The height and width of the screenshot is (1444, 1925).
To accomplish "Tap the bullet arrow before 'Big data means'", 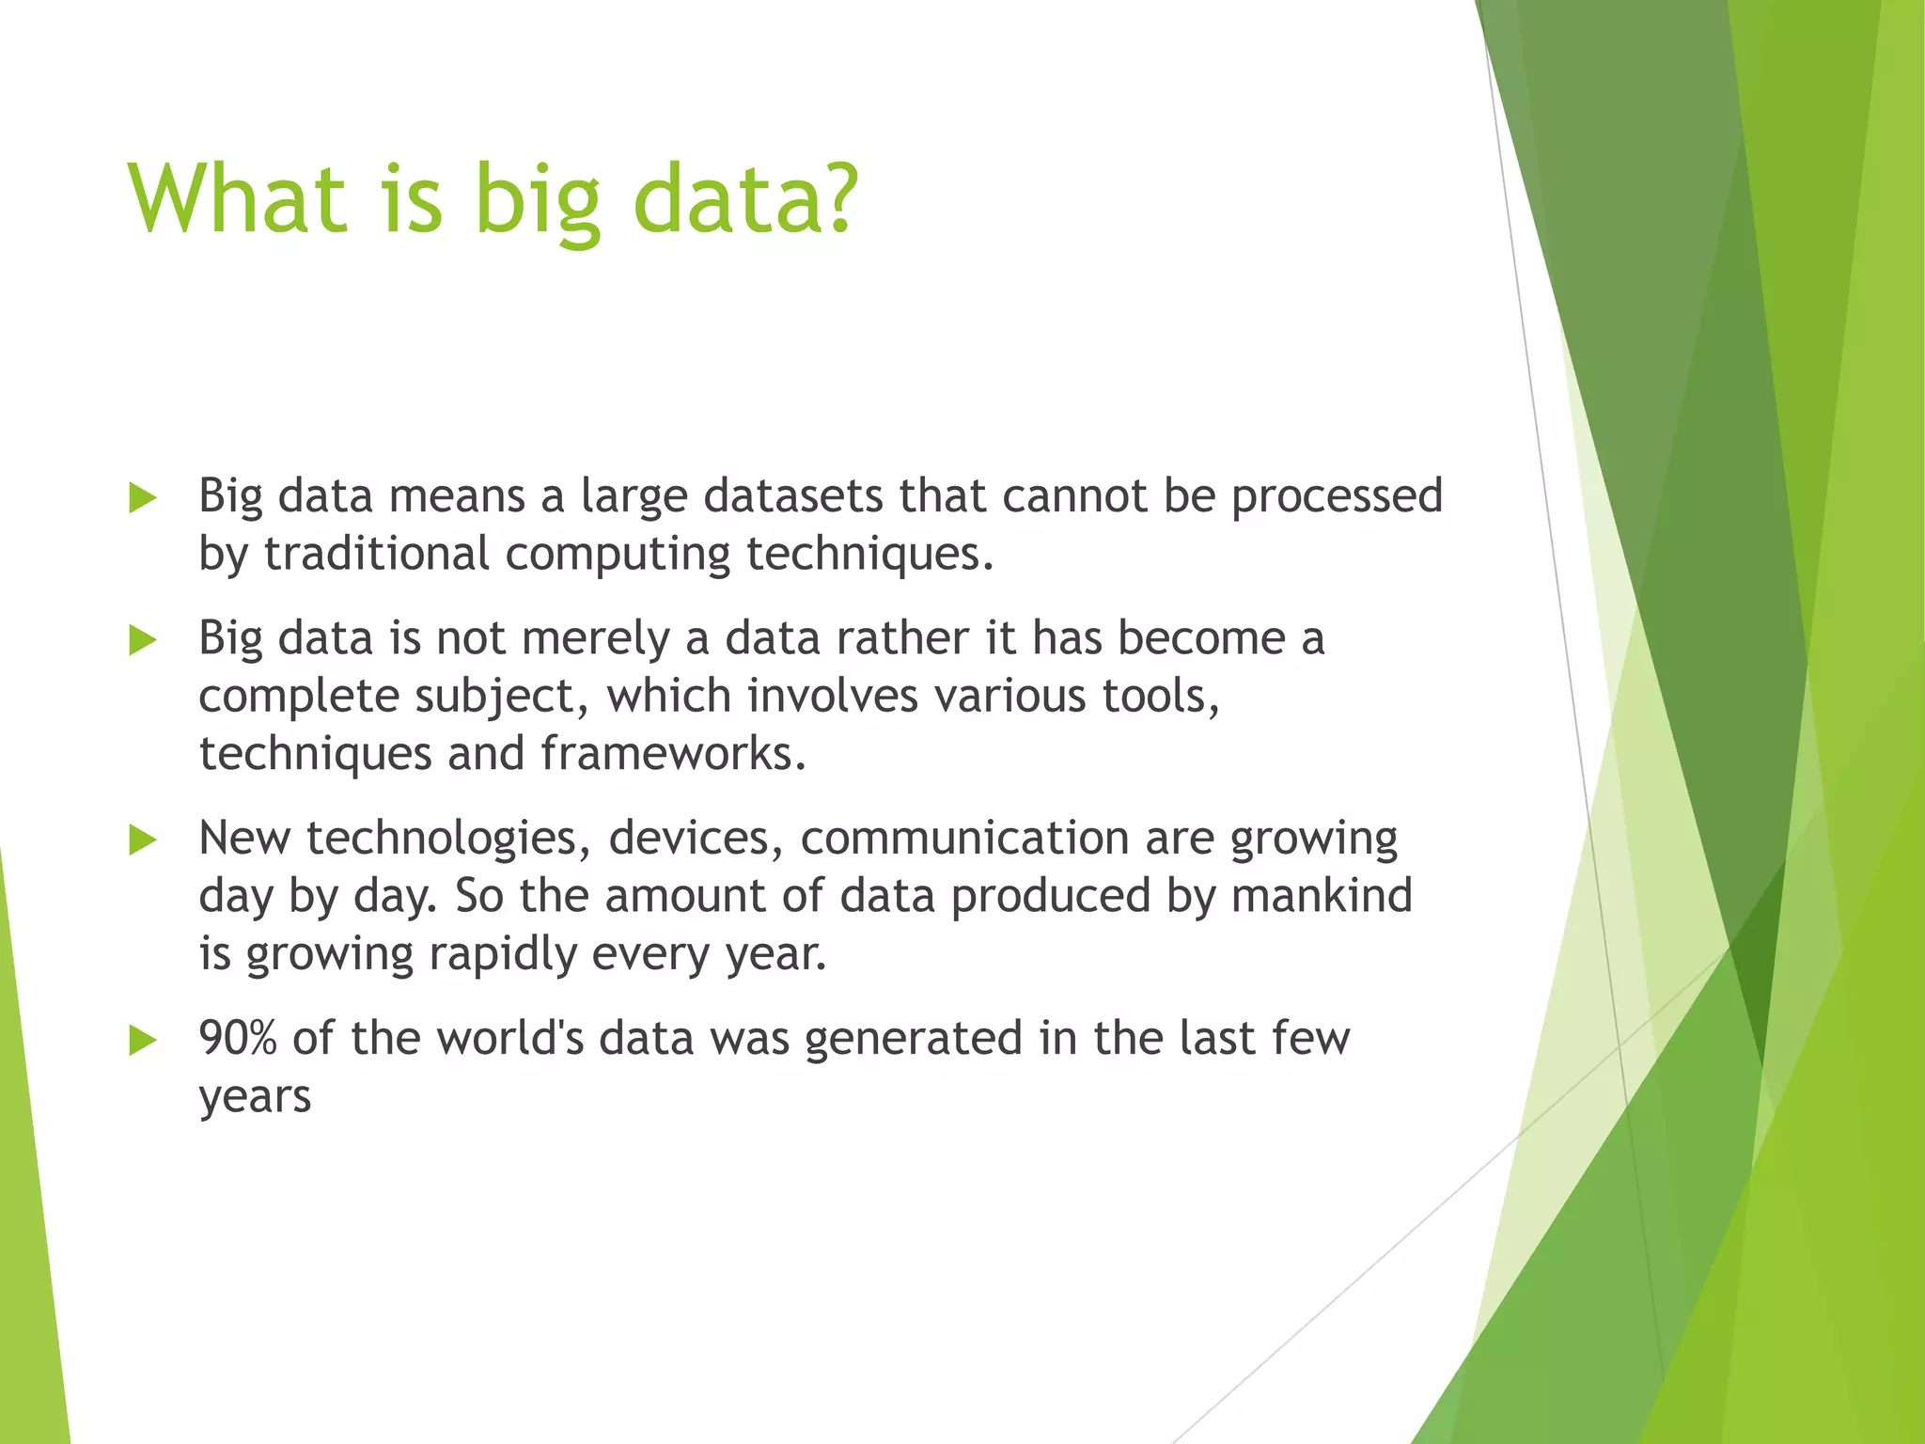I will (x=143, y=498).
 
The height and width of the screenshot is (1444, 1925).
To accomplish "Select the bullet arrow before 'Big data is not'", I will (x=143, y=641).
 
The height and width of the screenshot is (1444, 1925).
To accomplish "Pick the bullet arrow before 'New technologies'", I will (x=143, y=840).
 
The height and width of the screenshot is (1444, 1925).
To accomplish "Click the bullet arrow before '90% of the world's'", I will (x=143, y=1041).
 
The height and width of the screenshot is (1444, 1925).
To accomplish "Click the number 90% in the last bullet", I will (x=237, y=1039).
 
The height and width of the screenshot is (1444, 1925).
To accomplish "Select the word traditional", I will (x=376, y=554).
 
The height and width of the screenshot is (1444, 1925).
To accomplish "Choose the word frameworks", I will (x=673, y=754).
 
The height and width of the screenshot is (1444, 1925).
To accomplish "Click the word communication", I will (x=964, y=839).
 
